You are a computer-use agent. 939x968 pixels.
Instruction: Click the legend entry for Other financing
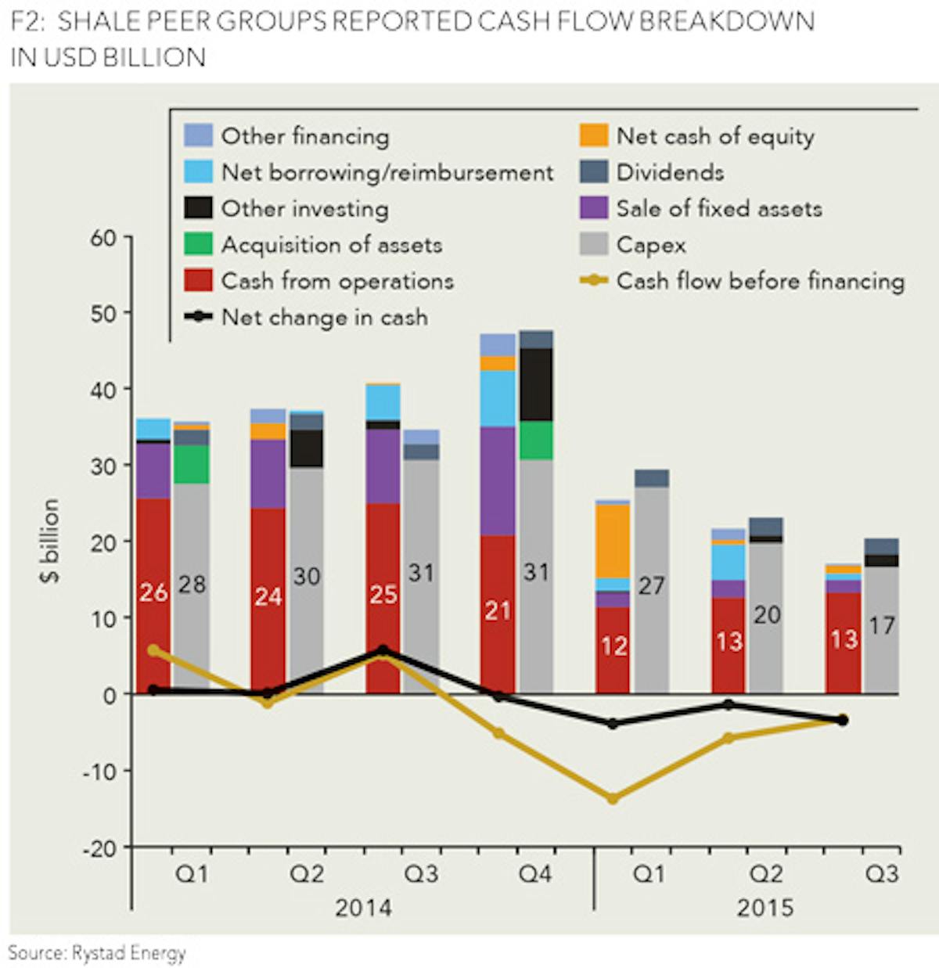point(304,136)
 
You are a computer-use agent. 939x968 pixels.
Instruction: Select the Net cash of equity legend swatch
point(594,135)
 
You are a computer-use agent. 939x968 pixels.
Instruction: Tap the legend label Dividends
point(670,172)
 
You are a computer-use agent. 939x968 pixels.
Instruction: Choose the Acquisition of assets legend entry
point(331,245)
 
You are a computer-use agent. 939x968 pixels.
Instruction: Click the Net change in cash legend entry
point(324,317)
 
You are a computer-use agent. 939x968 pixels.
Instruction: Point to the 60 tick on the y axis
point(103,238)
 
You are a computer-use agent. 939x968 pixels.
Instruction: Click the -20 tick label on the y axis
point(99,848)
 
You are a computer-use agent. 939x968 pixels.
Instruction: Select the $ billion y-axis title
point(50,540)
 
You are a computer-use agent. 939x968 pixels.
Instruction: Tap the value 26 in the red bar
point(153,593)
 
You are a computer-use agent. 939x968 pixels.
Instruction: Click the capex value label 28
point(192,585)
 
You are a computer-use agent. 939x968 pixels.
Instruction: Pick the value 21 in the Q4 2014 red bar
point(498,610)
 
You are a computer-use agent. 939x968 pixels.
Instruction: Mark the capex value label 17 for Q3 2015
point(882,625)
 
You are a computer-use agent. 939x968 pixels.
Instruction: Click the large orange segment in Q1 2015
point(613,541)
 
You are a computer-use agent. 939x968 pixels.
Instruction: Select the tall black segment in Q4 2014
point(536,384)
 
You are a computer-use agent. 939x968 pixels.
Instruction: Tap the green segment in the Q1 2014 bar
point(192,464)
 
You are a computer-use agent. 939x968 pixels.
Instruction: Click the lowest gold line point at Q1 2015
point(613,799)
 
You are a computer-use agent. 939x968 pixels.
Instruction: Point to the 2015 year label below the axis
point(765,908)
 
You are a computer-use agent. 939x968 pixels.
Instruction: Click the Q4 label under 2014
point(535,873)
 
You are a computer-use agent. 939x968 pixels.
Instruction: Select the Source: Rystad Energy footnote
point(98,953)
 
